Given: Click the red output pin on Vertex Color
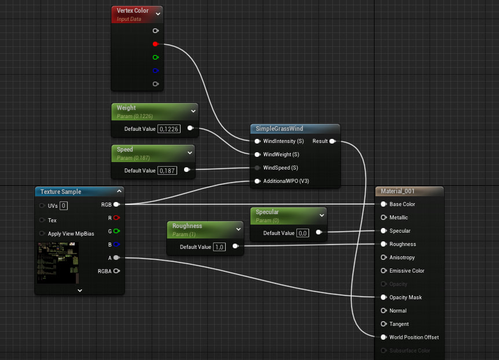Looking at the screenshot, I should tap(155, 44).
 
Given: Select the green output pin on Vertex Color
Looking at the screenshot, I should tap(155, 57).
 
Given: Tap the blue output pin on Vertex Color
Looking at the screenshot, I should tap(155, 71).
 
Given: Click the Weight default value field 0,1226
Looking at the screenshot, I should tap(169, 128).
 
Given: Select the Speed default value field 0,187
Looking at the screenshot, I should tap(168, 170).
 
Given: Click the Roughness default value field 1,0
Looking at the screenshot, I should tap(219, 247).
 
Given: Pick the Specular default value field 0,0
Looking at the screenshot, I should tap(303, 233).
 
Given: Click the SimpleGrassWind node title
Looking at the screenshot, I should tap(279, 128).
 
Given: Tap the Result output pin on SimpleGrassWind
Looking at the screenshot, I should tap(332, 141).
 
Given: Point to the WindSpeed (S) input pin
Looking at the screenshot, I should tap(257, 168).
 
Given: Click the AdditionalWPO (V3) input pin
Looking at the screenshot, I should tap(257, 181).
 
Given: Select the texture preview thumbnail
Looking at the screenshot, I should tap(58, 263).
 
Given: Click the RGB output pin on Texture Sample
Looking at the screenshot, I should tap(116, 204).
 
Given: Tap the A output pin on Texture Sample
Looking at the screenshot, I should tap(116, 258).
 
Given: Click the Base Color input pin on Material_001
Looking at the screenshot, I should tap(383, 204).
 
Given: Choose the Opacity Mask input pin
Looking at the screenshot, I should tap(383, 297).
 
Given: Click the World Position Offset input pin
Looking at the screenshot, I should tap(383, 337).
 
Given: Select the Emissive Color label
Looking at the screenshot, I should tap(406, 271).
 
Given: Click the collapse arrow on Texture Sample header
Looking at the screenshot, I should tap(119, 191).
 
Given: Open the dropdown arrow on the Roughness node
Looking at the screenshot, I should tap(238, 229).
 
